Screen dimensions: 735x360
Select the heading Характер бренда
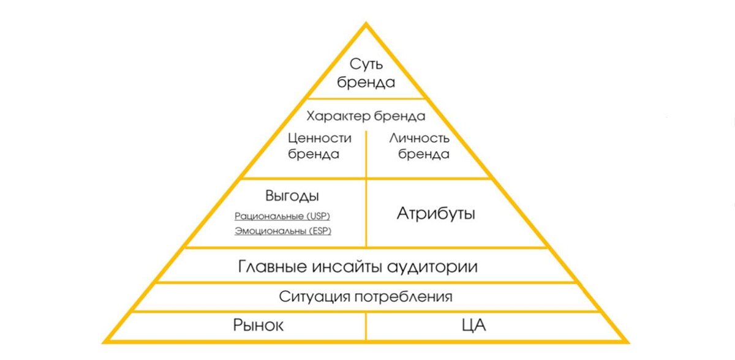pyautogui.click(x=366, y=116)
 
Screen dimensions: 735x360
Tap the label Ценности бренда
pyautogui.click(x=320, y=146)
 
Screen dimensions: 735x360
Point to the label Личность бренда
pyautogui.click(x=420, y=146)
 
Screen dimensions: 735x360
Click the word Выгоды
pyautogui.click(x=292, y=197)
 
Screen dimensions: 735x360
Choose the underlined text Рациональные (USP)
pyautogui.click(x=287, y=217)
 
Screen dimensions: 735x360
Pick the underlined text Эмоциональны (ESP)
pyautogui.click(x=287, y=231)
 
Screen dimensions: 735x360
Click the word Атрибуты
pyautogui.click(x=436, y=214)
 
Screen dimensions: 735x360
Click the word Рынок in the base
pyautogui.click(x=258, y=325)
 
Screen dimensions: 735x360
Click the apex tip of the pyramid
pyautogui.click(x=366, y=24)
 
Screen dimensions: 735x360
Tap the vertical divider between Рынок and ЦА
pyautogui.click(x=366, y=326)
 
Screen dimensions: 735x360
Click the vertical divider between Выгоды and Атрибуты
pyautogui.click(x=366, y=213)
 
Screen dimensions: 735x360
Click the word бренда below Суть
pyautogui.click(x=366, y=83)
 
